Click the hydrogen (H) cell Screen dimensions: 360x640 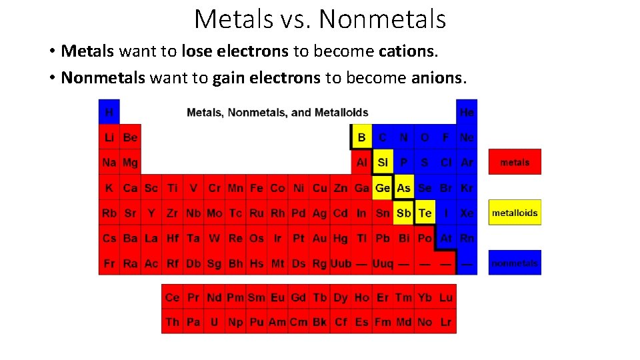(x=109, y=112)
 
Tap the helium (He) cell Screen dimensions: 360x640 (x=467, y=112)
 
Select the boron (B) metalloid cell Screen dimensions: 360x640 (x=361, y=137)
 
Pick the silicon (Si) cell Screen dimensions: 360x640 (x=383, y=163)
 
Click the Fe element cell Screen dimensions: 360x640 (x=257, y=188)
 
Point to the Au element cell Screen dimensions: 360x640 (x=319, y=238)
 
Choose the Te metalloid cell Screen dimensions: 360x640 (x=425, y=213)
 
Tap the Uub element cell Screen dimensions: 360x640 (x=341, y=263)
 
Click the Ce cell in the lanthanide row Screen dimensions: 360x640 (x=172, y=297)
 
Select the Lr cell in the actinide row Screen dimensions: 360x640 (x=445, y=322)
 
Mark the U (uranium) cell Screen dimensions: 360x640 (x=214, y=322)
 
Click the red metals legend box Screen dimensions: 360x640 (x=515, y=162)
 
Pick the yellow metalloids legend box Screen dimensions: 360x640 (x=515, y=213)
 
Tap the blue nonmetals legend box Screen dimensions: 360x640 (x=515, y=263)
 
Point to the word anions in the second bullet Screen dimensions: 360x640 (x=437, y=78)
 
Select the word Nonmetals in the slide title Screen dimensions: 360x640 (x=382, y=19)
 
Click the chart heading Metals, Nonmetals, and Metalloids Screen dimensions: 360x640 (x=277, y=112)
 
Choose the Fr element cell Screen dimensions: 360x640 (x=109, y=263)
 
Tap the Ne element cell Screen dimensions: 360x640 (x=467, y=137)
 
